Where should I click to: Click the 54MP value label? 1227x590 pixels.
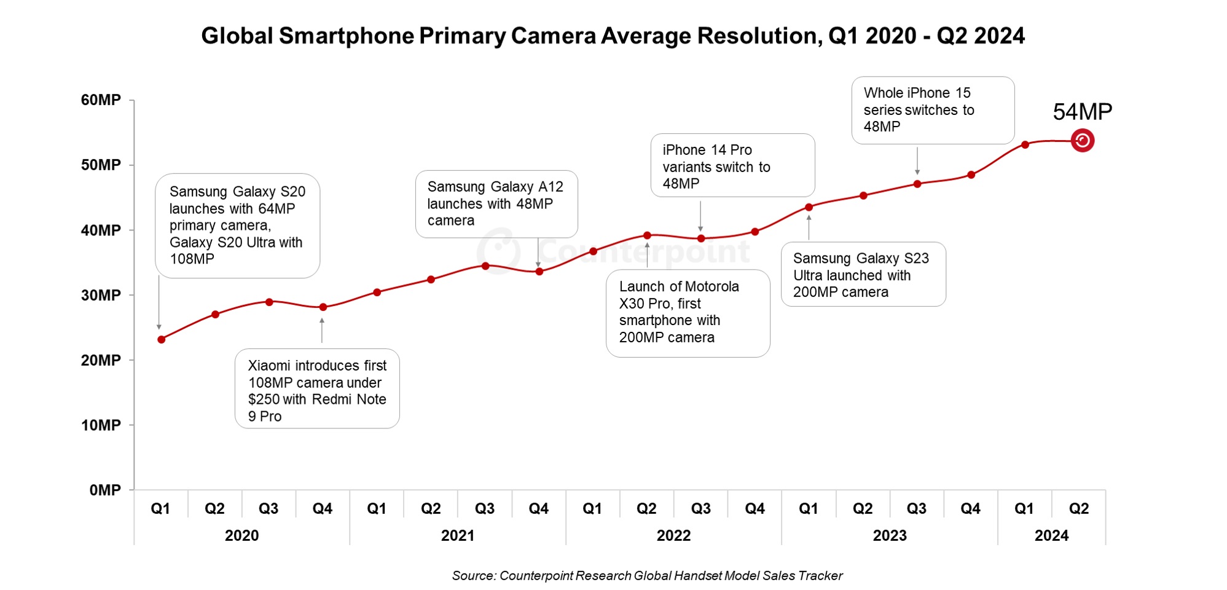pyautogui.click(x=1082, y=112)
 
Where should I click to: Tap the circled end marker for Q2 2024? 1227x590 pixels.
pyautogui.click(x=1082, y=141)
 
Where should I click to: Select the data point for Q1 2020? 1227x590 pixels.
pyautogui.click(x=162, y=339)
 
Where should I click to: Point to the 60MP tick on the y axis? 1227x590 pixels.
pyautogui.click(x=101, y=100)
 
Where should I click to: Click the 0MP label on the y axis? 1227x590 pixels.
pyautogui.click(x=105, y=490)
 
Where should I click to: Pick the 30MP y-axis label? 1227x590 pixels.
pyautogui.click(x=101, y=295)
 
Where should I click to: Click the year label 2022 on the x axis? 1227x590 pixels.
pyautogui.click(x=673, y=535)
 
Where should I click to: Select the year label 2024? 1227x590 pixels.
pyautogui.click(x=1051, y=535)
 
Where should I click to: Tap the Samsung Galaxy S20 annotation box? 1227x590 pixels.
pyautogui.click(x=237, y=226)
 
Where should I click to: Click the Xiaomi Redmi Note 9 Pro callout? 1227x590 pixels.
pyautogui.click(x=317, y=389)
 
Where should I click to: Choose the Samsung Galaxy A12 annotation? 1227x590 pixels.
pyautogui.click(x=496, y=204)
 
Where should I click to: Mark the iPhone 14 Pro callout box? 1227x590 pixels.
pyautogui.click(x=732, y=166)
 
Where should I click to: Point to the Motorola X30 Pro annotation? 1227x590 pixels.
pyautogui.click(x=688, y=313)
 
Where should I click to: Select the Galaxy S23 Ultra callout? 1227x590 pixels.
pyautogui.click(x=863, y=275)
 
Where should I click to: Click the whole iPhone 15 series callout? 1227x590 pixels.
pyautogui.click(x=932, y=110)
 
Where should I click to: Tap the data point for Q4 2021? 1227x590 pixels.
pyautogui.click(x=539, y=272)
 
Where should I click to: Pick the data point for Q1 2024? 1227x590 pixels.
pyautogui.click(x=1025, y=145)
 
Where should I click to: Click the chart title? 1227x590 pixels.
pyautogui.click(x=613, y=36)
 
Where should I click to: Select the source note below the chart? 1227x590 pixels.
pyautogui.click(x=647, y=576)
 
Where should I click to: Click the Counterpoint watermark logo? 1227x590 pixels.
pyautogui.click(x=499, y=250)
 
